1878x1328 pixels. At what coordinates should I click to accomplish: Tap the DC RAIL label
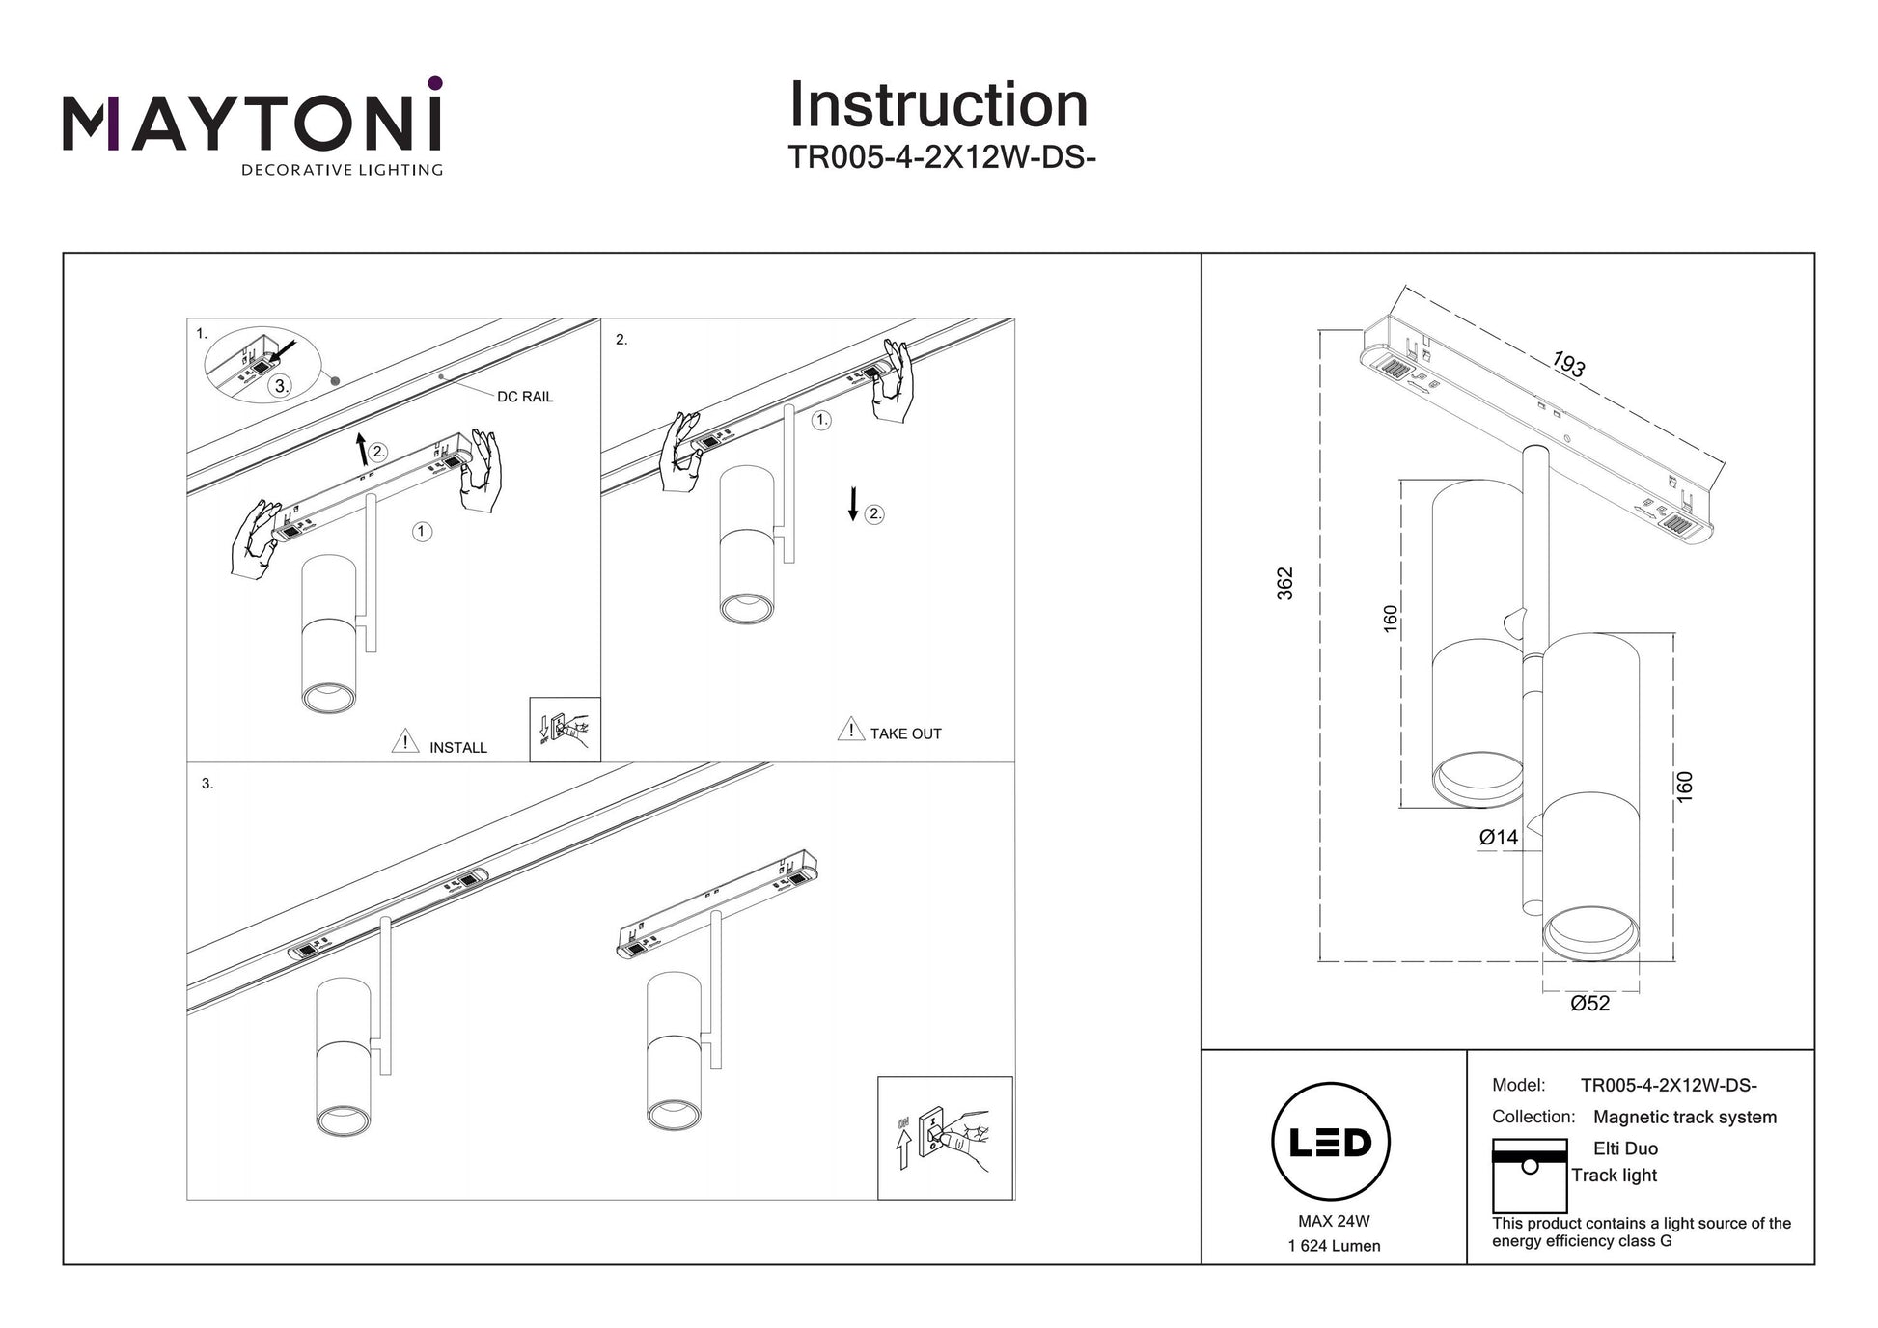point(525,397)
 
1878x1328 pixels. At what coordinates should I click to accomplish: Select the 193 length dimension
point(1568,365)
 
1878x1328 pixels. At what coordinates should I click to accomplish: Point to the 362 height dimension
point(1285,583)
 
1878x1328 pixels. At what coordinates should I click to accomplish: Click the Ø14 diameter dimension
point(1498,838)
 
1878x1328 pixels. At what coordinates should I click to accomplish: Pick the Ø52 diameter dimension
point(1589,1004)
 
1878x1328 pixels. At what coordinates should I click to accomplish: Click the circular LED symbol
point(1331,1142)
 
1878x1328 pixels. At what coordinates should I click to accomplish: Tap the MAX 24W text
point(1334,1221)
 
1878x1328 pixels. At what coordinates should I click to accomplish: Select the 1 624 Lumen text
point(1334,1246)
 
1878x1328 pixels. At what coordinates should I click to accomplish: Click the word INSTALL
point(457,748)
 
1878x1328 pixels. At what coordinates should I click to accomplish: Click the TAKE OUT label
point(905,734)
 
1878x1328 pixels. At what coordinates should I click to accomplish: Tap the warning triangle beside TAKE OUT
point(850,730)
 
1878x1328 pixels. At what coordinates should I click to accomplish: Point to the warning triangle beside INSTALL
point(405,741)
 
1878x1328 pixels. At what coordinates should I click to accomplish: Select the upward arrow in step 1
point(361,449)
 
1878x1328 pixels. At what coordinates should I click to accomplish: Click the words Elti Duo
point(1625,1148)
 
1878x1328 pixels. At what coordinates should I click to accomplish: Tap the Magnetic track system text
point(1684,1117)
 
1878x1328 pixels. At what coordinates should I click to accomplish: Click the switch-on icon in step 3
point(945,1138)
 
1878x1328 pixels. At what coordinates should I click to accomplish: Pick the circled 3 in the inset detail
point(280,386)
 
